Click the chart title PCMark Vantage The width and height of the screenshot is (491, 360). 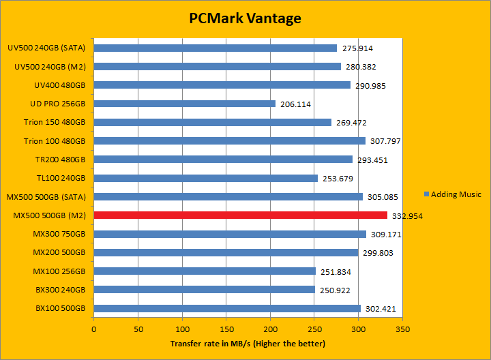tap(245, 18)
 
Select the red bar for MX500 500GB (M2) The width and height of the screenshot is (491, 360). tap(240, 215)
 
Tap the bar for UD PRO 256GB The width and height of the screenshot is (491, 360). tap(184, 104)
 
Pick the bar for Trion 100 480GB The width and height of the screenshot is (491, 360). tap(229, 141)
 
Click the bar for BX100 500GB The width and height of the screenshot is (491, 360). tap(227, 308)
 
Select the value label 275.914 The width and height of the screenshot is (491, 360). tap(357, 48)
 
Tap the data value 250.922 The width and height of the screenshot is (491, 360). tap(335, 290)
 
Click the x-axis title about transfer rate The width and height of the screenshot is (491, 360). tap(248, 343)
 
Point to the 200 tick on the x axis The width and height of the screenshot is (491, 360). tap(270, 328)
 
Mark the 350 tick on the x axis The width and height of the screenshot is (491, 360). tap(402, 328)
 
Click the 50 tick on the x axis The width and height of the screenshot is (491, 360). tap(138, 328)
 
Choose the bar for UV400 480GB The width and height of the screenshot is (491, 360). tap(222, 85)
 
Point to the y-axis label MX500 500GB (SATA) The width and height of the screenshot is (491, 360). tap(46, 197)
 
